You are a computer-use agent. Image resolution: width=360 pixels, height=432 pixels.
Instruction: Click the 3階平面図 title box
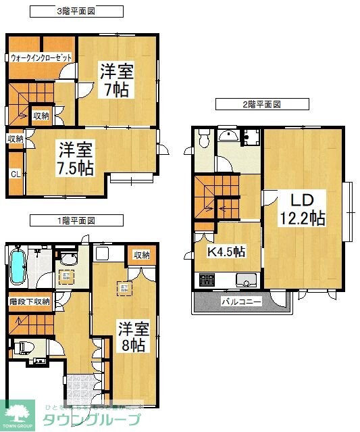click(x=76, y=11)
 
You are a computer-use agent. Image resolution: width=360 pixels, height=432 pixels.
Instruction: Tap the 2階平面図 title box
click(x=261, y=105)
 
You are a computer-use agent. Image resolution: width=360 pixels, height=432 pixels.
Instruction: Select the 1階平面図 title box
click(x=76, y=220)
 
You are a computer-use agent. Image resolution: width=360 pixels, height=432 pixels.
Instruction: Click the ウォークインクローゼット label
click(x=41, y=58)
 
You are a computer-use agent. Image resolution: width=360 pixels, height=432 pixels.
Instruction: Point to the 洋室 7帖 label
click(x=116, y=80)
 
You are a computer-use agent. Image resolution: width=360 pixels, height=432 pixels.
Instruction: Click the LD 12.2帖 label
click(x=303, y=209)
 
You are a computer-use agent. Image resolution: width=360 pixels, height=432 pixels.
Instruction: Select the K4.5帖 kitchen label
click(x=226, y=251)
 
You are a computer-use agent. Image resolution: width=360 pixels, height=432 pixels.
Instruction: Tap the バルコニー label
click(x=241, y=302)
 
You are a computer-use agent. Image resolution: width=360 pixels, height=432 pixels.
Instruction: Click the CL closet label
click(x=15, y=174)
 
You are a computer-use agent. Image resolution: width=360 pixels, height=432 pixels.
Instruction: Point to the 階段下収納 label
click(x=29, y=302)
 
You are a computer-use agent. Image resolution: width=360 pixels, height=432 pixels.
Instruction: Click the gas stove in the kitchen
click(x=206, y=279)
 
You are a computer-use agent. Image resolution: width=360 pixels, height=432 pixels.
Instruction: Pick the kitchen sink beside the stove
click(x=245, y=279)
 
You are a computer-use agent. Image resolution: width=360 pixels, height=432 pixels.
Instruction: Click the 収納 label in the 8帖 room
click(x=141, y=255)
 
